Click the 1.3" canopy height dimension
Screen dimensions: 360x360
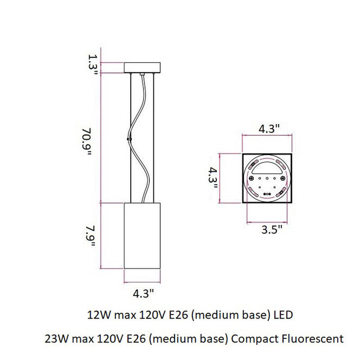(x=93, y=65)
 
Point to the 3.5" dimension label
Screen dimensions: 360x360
(x=272, y=231)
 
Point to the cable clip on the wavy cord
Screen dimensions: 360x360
(x=129, y=140)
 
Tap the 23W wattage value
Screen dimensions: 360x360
(x=54, y=337)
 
